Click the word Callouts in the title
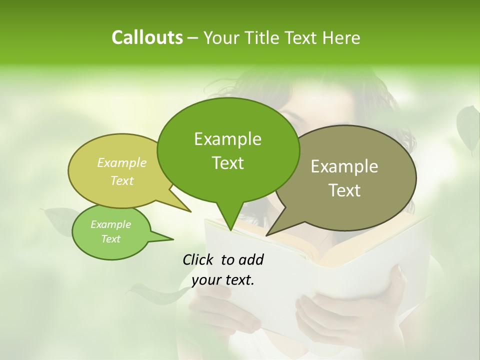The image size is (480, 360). point(147,37)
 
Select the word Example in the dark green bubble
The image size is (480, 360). point(227,139)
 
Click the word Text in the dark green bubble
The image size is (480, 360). point(227,163)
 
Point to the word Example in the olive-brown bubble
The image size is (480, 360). point(344,166)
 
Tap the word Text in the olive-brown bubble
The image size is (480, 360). point(344,190)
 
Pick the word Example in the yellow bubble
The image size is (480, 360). point(122,163)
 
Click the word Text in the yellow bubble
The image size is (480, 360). point(122,180)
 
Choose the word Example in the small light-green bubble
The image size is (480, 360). point(110,224)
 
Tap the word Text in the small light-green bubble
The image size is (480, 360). point(110,239)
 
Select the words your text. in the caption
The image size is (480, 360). point(223,280)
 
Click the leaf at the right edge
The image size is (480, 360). point(468,127)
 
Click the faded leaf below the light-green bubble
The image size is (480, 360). point(155,295)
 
